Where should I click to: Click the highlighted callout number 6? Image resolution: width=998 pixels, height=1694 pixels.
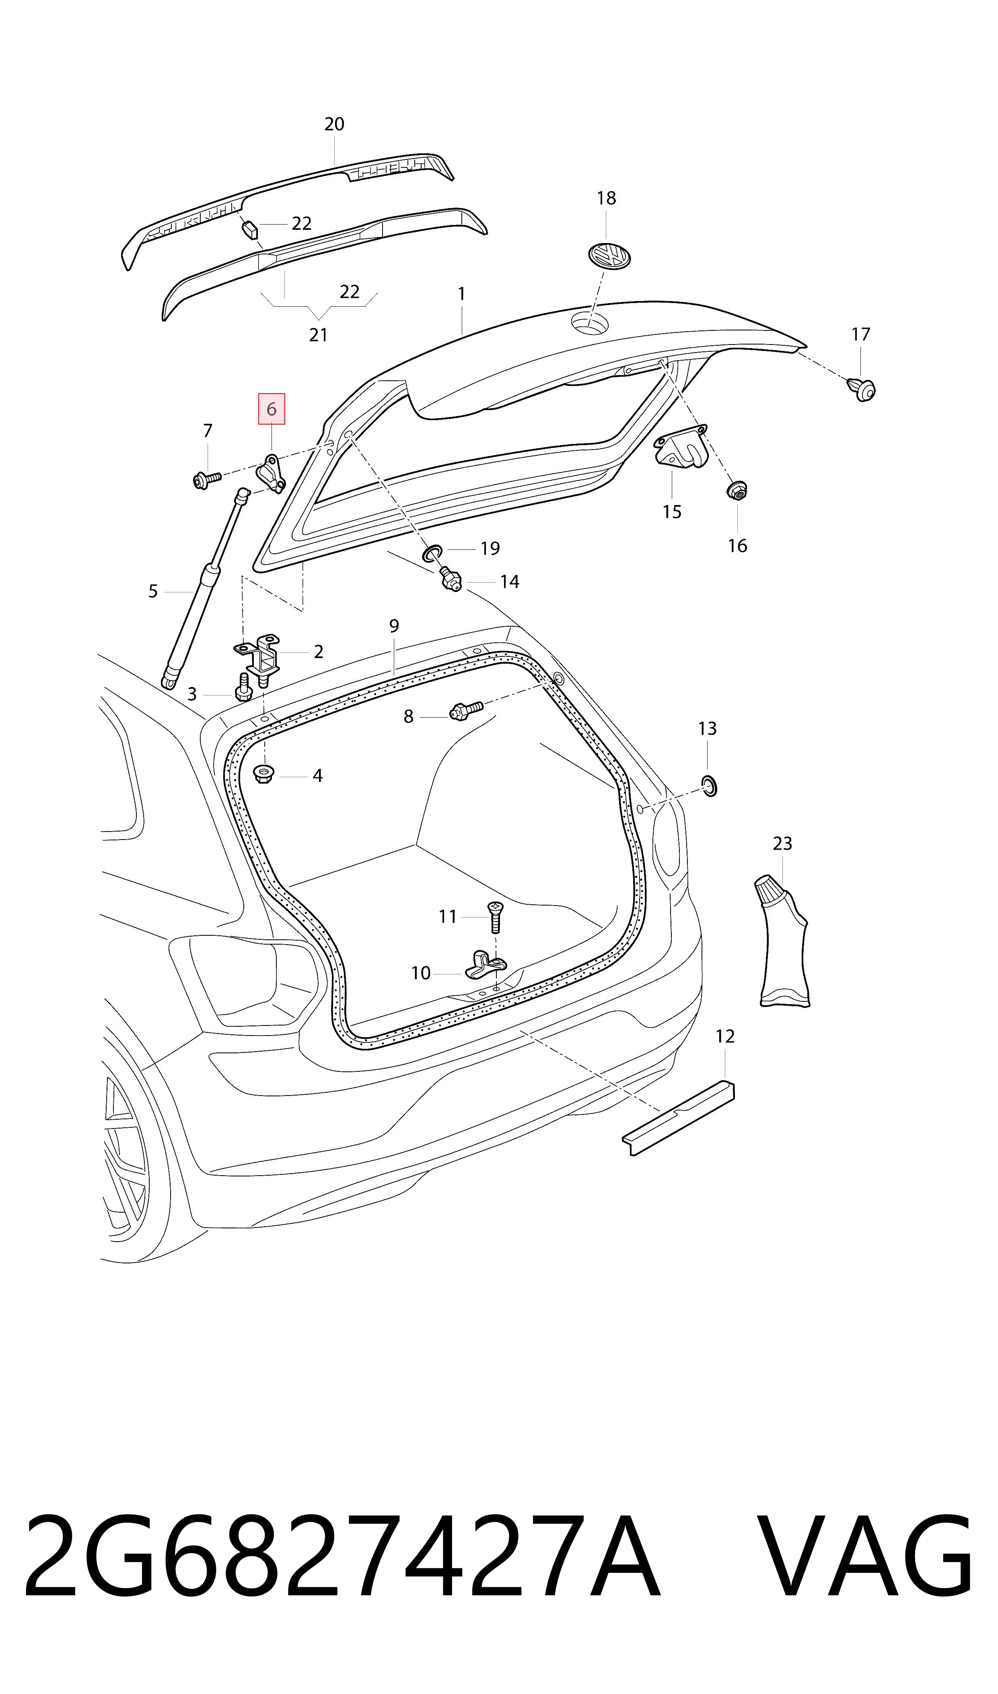pos(272,409)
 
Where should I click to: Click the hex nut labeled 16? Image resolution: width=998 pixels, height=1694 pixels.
pos(737,491)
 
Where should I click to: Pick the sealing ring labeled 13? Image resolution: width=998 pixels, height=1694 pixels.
pos(709,785)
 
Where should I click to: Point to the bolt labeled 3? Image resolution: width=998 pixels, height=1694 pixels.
pos(243,687)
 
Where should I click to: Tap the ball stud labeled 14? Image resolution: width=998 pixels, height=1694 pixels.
pos(450,579)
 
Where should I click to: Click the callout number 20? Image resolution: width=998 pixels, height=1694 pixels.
pos(334,124)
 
